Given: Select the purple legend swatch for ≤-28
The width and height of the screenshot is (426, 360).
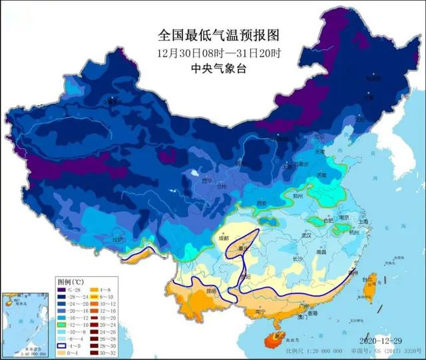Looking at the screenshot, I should (x=61, y=289).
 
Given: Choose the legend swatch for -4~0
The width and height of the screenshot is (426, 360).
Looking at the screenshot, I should (x=61, y=345).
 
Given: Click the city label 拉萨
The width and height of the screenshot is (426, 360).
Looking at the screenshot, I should (x=118, y=240).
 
